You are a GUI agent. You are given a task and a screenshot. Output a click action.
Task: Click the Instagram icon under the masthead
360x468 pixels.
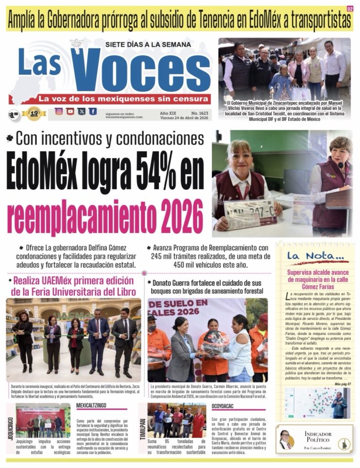tap(59, 111)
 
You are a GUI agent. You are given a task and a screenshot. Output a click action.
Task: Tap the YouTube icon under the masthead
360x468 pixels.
tap(70, 111)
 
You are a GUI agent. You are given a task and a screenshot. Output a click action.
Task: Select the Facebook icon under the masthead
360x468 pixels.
tap(93, 111)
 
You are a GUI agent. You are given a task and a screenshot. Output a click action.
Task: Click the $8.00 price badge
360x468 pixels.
tap(14, 114)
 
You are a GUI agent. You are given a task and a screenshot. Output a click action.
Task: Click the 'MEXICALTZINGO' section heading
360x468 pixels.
tap(91, 405)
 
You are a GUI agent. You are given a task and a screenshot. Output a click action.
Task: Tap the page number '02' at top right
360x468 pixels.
tap(350, 9)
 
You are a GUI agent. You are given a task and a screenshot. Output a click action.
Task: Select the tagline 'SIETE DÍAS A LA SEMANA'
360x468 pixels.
tap(147, 45)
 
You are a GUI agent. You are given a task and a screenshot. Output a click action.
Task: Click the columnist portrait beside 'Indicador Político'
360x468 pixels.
tap(285, 439)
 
